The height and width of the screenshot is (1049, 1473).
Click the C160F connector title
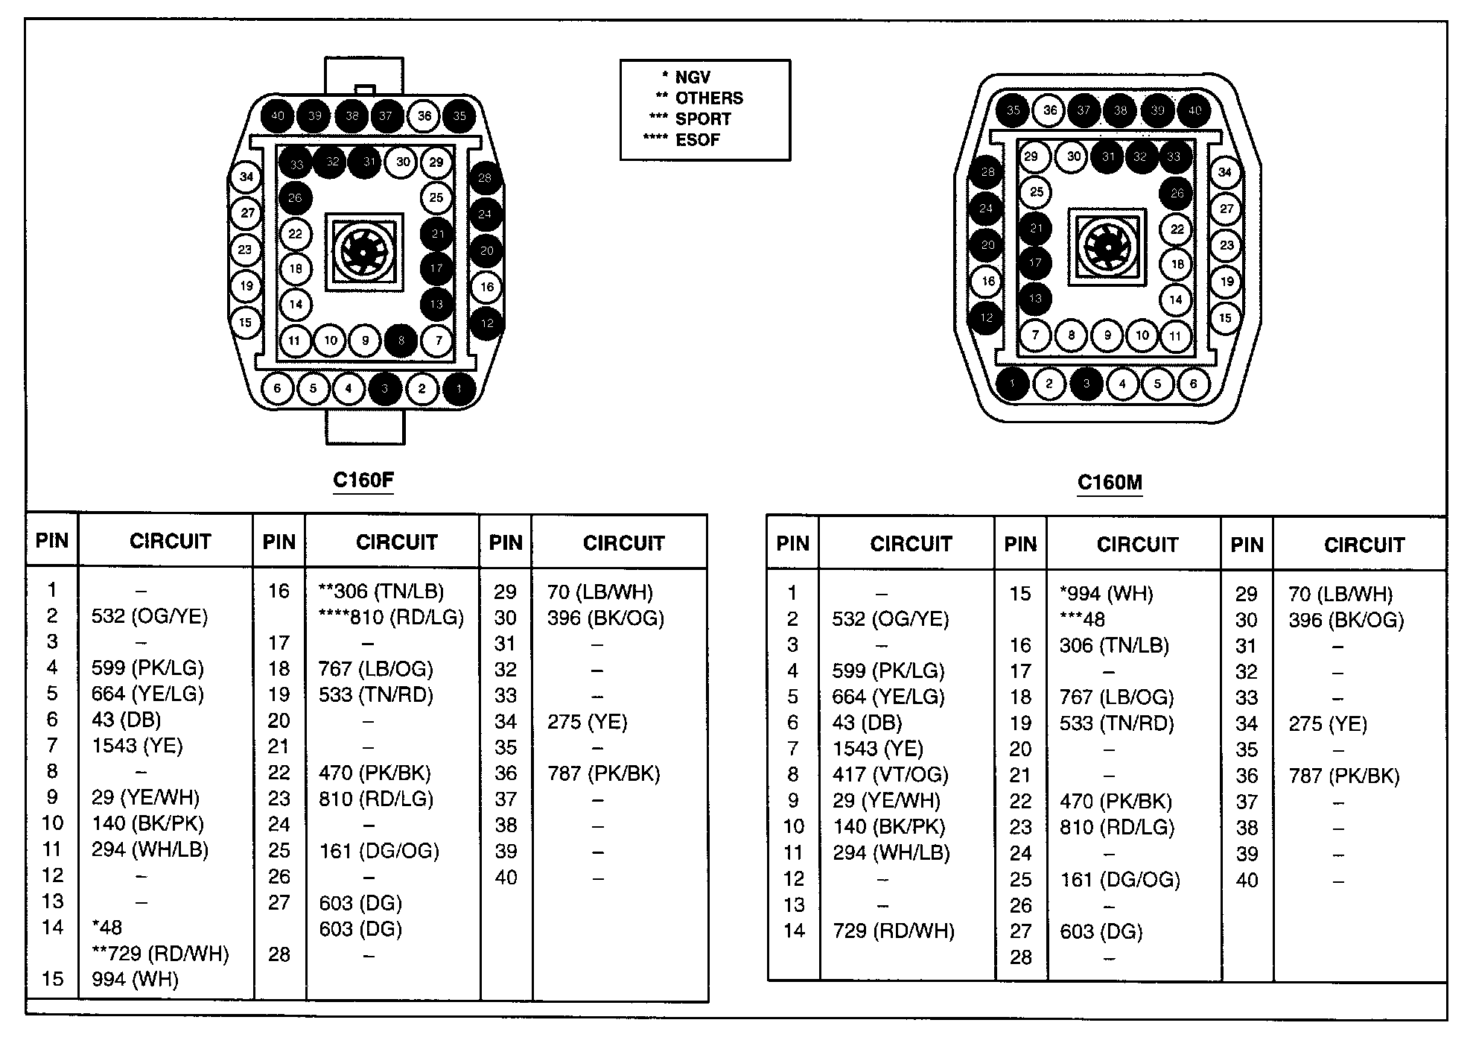[x=363, y=479]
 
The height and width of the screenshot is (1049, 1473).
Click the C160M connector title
[x=1110, y=482]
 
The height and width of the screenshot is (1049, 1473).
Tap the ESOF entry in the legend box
[x=697, y=140]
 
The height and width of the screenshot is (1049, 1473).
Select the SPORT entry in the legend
[x=702, y=119]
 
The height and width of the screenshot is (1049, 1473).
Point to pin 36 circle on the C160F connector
[x=424, y=115]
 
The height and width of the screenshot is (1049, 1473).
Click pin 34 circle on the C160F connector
[x=246, y=177]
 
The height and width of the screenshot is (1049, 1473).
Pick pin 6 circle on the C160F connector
[x=278, y=388]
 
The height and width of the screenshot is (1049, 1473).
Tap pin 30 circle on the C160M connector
[x=1074, y=156]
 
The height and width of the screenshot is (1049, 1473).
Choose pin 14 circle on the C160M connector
[x=1176, y=300]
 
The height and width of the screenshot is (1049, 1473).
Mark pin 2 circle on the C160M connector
[x=1049, y=384]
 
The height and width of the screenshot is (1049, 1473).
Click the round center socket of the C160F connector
[x=363, y=252]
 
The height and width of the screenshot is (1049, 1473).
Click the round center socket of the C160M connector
[x=1107, y=246]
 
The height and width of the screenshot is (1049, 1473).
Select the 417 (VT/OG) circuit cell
[x=890, y=775]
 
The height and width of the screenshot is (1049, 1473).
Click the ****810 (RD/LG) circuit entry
[x=391, y=618]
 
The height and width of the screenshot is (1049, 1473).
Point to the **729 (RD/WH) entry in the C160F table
[x=160, y=954]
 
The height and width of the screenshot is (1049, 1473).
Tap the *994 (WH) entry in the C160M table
[x=1106, y=594]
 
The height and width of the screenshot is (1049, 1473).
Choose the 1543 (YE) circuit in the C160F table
[x=137, y=746]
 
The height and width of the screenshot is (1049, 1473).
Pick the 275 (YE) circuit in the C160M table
[x=1328, y=724]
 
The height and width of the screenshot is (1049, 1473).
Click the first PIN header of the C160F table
[x=52, y=541]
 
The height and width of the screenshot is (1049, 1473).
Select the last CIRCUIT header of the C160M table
[x=1364, y=545]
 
